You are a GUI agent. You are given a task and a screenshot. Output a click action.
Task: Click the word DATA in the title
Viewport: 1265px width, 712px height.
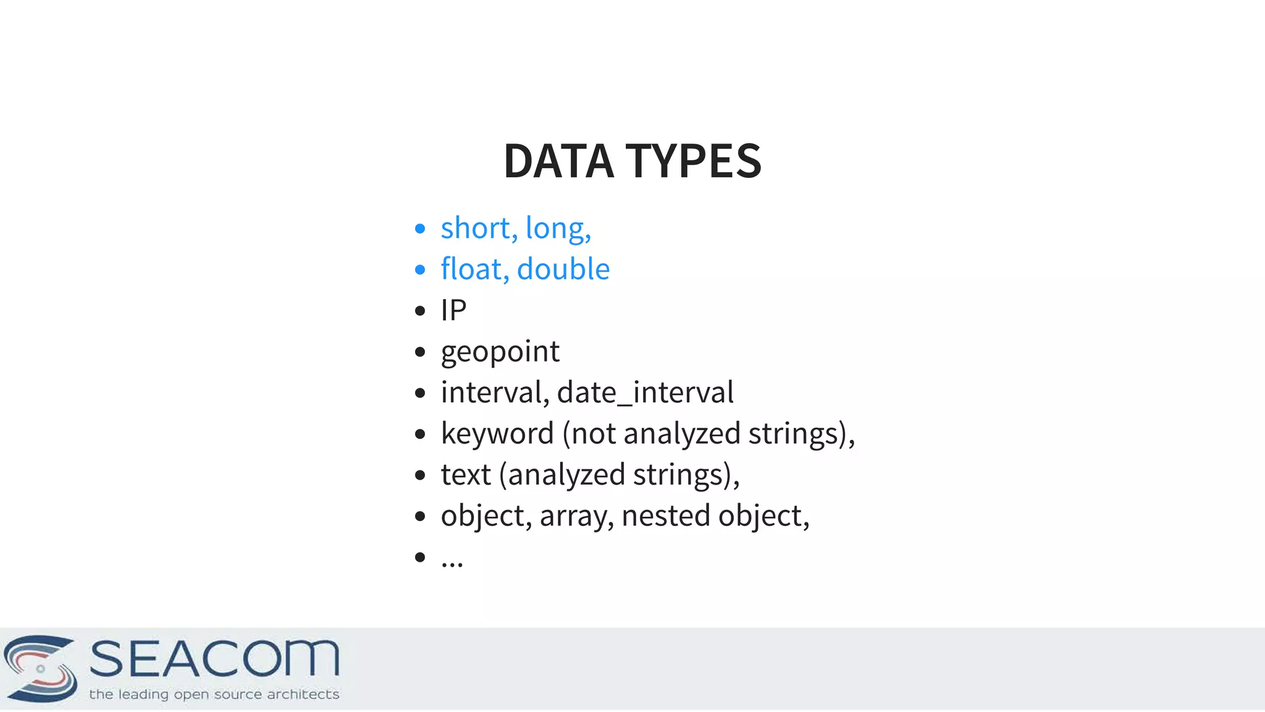558,161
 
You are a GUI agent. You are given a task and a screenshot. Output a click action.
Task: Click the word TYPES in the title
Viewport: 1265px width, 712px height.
694,161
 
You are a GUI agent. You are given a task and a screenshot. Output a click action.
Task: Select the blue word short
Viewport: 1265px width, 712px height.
475,228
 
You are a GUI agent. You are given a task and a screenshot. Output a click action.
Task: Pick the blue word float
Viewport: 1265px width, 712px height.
471,269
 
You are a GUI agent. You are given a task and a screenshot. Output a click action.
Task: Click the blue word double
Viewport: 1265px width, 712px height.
563,269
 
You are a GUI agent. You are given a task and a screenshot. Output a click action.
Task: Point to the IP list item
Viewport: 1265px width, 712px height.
453,310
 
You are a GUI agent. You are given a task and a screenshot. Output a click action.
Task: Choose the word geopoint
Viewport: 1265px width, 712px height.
500,352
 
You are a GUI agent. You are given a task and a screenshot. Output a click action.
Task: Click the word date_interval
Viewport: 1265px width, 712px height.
645,392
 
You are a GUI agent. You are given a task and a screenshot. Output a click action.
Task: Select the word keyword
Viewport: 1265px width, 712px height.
497,433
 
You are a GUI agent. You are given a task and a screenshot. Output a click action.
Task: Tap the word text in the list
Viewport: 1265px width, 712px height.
466,475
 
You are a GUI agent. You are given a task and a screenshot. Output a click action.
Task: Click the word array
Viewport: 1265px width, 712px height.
573,516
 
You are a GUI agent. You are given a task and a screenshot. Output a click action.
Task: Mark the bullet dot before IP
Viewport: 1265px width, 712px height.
420,310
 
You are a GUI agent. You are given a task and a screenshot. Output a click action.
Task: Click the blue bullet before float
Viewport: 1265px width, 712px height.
420,269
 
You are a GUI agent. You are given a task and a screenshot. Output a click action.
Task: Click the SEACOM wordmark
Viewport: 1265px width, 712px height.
214,658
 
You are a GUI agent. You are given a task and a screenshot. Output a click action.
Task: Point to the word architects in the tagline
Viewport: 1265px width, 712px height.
303,694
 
